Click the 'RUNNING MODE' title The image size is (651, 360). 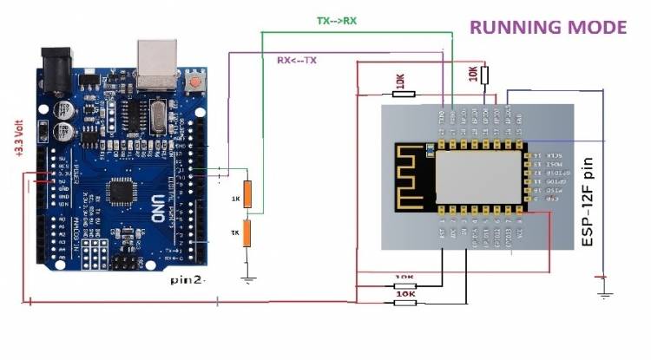click(548, 27)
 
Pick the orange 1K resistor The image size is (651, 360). click(247, 194)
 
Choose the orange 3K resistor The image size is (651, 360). click(247, 234)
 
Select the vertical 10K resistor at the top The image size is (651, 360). click(484, 74)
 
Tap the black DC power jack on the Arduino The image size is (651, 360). click(56, 66)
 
